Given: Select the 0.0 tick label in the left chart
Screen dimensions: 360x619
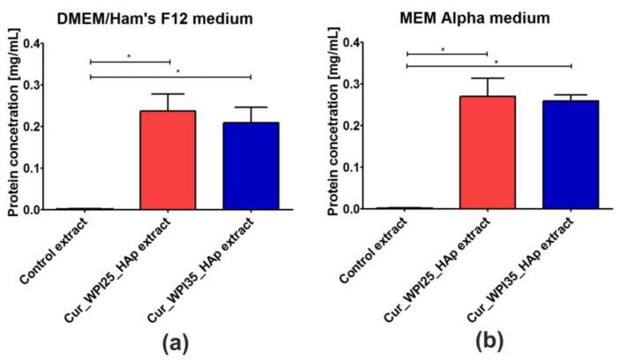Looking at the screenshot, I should pos(32,210).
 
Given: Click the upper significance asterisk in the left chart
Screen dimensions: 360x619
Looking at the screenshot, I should pos(130,57).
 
